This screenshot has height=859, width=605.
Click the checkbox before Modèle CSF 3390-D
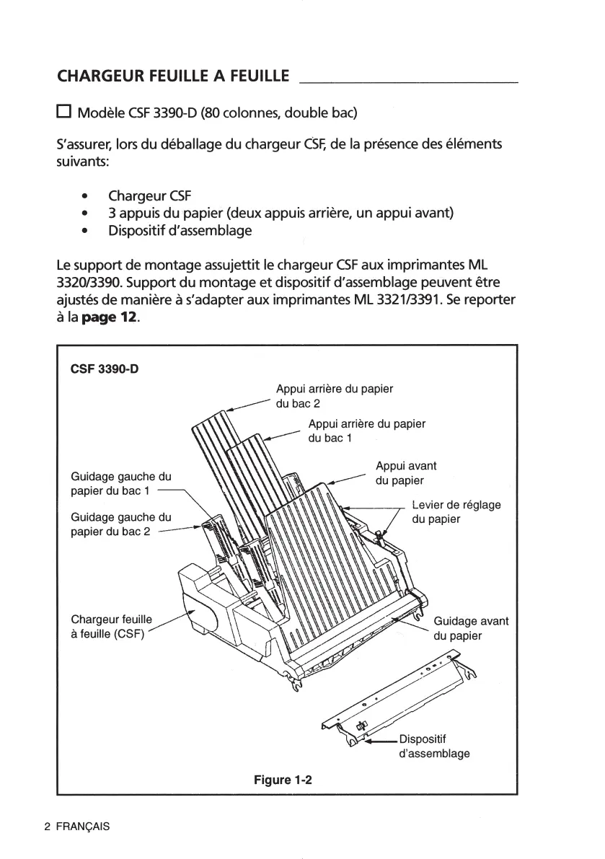point(64,113)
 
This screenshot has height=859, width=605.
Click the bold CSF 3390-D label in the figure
point(105,369)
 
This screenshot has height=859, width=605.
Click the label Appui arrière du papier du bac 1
point(366,431)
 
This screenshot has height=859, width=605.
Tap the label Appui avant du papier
point(406,473)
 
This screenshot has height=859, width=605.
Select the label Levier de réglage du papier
point(456,511)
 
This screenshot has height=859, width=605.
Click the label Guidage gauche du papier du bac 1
point(121,483)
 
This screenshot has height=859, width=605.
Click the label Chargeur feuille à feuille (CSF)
point(112,627)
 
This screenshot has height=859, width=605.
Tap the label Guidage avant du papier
point(470,628)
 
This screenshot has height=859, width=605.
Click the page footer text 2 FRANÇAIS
point(76,827)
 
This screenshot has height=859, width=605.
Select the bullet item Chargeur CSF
point(150,196)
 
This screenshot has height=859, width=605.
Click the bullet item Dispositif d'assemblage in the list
point(180,231)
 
